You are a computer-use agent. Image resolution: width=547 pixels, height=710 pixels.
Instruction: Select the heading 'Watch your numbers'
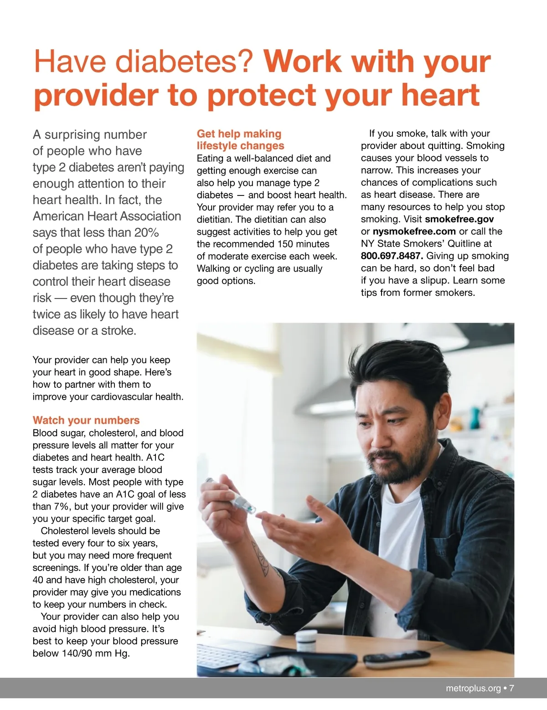coord(86,420)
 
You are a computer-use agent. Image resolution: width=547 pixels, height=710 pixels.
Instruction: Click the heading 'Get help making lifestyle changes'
coord(240,139)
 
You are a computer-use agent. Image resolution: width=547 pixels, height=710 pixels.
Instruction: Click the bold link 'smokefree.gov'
coord(459,219)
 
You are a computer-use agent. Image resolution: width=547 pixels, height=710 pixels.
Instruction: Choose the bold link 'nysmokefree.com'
coord(414,232)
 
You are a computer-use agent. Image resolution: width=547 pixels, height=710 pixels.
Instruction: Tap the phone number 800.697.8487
coord(392,256)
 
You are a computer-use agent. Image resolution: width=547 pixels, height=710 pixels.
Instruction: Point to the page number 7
coord(511,688)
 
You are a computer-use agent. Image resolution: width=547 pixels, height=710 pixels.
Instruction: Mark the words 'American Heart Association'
coord(107,216)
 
